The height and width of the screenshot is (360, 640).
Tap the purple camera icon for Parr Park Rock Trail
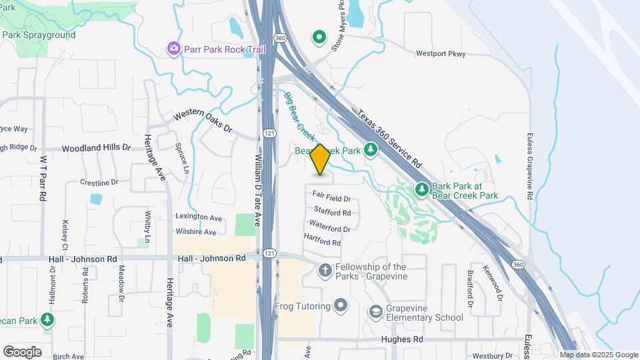coord(174,49)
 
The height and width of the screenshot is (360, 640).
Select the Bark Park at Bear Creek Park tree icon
coord(421,190)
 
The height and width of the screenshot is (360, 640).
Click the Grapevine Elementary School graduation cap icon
coord(376,312)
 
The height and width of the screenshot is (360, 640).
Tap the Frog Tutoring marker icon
coord(341,307)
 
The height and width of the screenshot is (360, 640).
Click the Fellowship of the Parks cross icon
coord(325,271)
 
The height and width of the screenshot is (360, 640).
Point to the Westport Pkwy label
coord(440,54)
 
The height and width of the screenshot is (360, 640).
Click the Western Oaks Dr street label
coord(202,121)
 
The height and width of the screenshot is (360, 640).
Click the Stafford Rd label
coord(332,213)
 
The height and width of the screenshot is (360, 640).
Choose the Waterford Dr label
coord(330,228)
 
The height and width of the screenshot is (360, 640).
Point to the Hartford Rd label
coord(322,240)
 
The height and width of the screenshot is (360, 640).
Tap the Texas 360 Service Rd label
coord(389,139)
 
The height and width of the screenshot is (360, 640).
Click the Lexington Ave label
coord(199,217)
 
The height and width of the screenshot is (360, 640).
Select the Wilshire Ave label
coord(196,232)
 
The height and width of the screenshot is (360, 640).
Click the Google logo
coord(22,351)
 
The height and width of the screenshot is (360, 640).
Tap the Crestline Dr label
coord(99,182)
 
